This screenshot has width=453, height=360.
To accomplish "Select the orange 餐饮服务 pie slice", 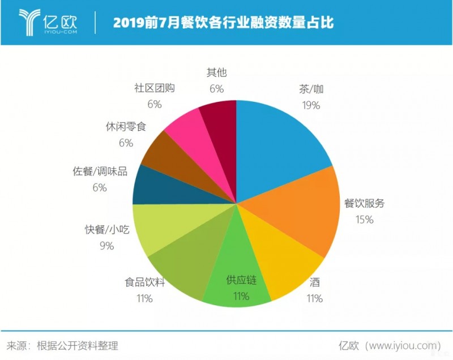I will [294, 218].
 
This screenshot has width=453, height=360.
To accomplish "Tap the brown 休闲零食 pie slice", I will [170, 153].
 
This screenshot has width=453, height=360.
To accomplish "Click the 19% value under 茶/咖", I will [311, 105].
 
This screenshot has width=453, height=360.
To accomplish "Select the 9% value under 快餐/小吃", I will [107, 246].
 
